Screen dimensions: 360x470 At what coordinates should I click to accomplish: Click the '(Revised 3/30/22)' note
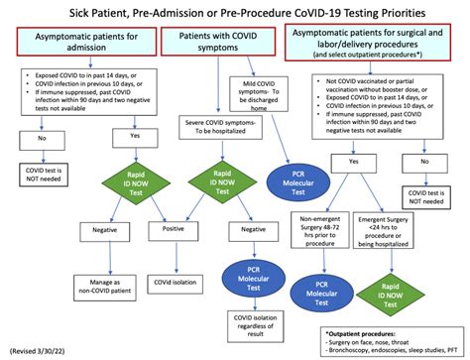pos(37,350)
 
